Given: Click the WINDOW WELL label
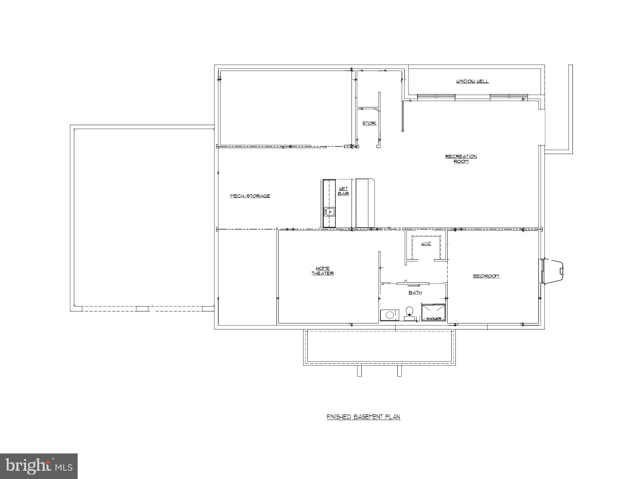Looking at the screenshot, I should point(472,81).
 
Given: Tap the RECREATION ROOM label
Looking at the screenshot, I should point(461,159).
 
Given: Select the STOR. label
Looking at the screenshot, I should point(369,123).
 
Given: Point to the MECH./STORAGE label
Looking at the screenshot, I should point(250,196).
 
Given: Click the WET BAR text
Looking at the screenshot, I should point(343,191).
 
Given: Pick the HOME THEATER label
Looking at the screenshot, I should point(323,271).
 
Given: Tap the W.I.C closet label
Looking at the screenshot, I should point(426,244).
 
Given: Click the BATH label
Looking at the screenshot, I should point(415,293).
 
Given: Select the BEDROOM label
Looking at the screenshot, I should point(486,276).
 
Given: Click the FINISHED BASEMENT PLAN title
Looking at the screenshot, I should point(363,417).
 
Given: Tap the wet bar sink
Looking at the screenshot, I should point(330,212).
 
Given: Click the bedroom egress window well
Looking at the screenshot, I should point(553,270).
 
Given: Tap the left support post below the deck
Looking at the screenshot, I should point(359,371).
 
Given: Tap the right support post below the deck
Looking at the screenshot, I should point(399,371).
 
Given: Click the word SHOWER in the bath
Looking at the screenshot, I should point(433,319).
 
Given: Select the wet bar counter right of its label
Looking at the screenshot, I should point(365,203).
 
